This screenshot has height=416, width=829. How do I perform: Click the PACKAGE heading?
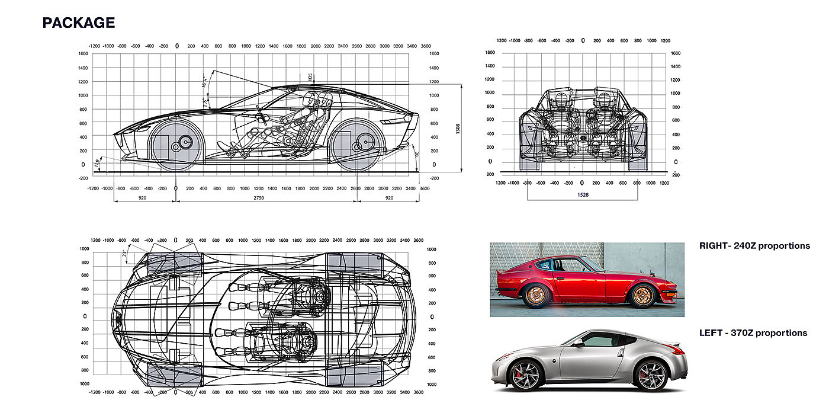[78, 23]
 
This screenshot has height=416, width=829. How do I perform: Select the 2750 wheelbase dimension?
[259, 197]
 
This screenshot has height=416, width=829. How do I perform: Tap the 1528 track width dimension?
[581, 193]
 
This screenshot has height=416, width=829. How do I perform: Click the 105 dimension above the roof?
[310, 76]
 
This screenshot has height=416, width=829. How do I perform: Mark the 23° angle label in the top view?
[124, 253]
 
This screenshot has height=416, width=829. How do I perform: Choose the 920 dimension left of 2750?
[143, 197]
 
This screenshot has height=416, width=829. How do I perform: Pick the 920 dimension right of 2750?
[388, 197]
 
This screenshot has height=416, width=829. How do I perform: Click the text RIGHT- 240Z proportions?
[754, 245]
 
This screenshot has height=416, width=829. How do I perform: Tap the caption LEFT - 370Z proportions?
[753, 333]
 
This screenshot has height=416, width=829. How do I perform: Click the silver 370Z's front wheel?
[525, 376]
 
